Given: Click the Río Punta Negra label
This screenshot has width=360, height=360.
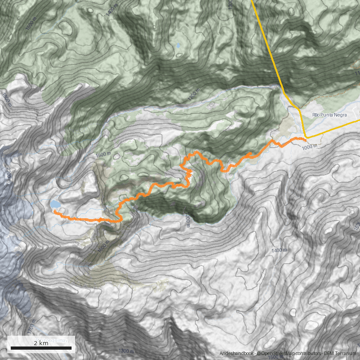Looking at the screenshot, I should [329, 115].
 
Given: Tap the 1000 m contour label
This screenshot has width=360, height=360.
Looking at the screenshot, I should [310, 146].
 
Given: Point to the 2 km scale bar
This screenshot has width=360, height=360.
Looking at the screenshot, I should [41, 347].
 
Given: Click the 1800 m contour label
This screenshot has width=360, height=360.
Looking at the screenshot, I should [7, 97].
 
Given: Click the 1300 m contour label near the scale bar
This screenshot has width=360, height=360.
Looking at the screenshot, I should [126, 351].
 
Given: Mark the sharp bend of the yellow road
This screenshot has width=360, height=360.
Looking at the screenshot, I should [306, 137].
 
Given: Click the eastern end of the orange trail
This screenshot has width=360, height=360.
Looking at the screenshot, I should [306, 140].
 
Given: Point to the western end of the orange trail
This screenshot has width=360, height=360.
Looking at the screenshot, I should [54, 211].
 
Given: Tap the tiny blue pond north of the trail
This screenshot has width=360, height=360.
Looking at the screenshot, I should [179, 45].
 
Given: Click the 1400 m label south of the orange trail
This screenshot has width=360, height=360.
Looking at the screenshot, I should [279, 250].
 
